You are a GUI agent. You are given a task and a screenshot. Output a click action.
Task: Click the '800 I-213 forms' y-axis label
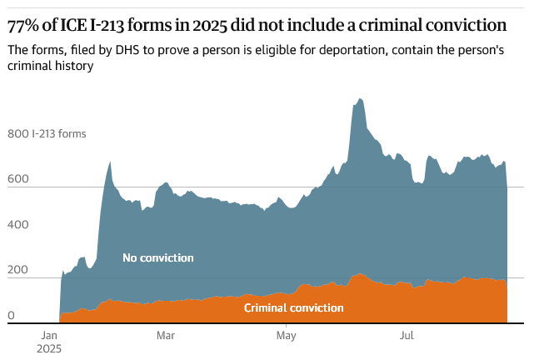47,133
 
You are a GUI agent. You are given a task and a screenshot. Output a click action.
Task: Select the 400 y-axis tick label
17,225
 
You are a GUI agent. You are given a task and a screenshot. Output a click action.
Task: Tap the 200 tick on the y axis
17,271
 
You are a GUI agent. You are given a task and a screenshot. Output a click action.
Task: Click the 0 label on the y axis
12,316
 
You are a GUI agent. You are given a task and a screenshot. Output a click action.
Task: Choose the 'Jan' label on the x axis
48,336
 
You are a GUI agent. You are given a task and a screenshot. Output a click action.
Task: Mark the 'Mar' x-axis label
166,336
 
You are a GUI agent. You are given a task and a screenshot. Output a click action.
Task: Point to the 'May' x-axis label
286,336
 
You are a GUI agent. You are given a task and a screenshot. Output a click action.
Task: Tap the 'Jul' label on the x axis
407,336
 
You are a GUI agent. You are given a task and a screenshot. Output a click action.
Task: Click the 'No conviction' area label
157,257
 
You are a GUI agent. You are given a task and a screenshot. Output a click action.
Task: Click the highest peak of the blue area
359,99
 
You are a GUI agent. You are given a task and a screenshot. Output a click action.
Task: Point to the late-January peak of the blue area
110,162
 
